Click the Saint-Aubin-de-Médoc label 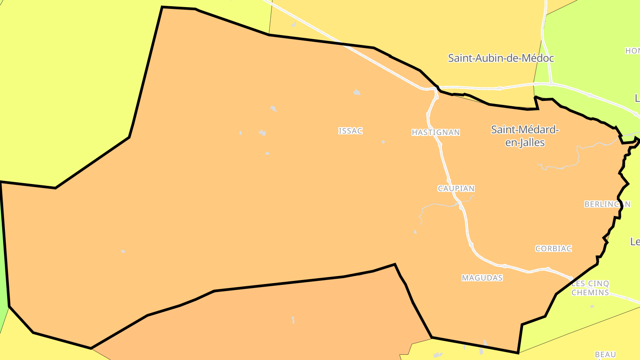(501, 58)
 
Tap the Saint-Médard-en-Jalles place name (525, 136)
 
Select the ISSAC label (350, 131)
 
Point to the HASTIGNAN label (436, 132)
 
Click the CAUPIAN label (456, 188)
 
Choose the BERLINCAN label (607, 204)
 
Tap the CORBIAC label (553, 248)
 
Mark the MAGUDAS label (482, 278)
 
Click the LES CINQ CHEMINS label (590, 288)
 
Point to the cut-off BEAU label (605, 354)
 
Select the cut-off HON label (632, 51)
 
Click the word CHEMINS (590, 293)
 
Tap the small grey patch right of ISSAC (383, 142)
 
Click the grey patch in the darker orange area (293, 320)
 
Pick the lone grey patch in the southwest (123, 251)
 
